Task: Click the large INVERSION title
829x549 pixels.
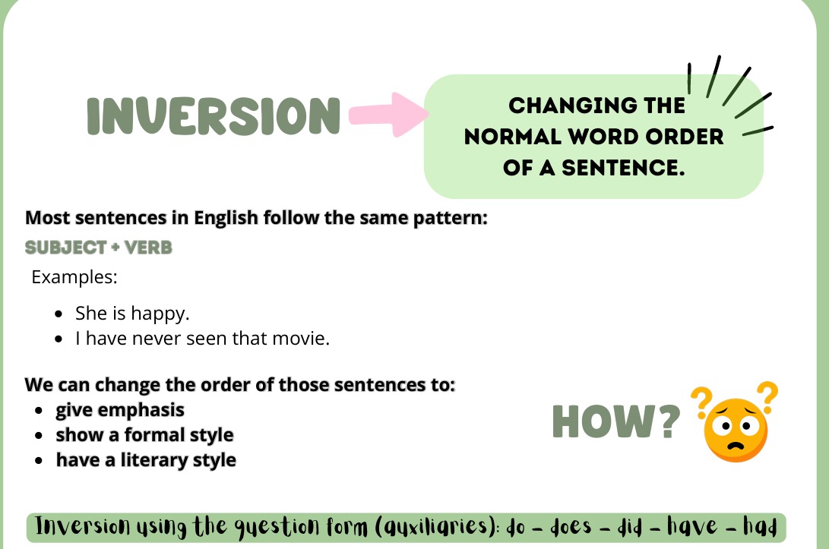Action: pyautogui.click(x=214, y=115)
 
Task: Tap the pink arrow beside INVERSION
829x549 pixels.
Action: pyautogui.click(x=388, y=114)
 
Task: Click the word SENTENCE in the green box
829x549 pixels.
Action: pyautogui.click(x=623, y=168)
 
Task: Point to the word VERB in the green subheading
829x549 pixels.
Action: pyautogui.click(x=149, y=248)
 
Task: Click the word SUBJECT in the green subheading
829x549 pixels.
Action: pyautogui.click(x=66, y=248)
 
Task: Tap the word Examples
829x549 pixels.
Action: pyautogui.click(x=74, y=277)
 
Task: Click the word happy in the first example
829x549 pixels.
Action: pyautogui.click(x=160, y=314)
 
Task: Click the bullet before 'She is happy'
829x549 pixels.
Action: pyautogui.click(x=59, y=314)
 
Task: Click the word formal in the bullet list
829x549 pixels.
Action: pyautogui.click(x=153, y=435)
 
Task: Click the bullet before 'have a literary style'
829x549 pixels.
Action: pyautogui.click(x=39, y=460)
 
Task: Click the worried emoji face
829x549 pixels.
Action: pyautogui.click(x=735, y=430)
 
